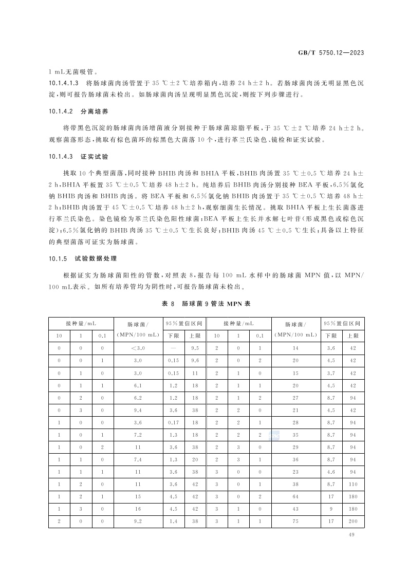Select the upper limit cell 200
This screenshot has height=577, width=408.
click(x=353, y=522)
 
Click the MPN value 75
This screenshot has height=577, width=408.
click(x=296, y=522)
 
